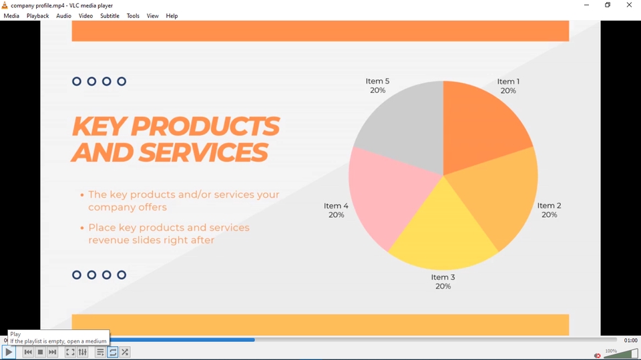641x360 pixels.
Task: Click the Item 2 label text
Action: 549,210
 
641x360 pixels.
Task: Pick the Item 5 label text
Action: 377,85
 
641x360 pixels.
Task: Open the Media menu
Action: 11,16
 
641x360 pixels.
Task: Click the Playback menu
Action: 37,16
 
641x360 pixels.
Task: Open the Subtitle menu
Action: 110,16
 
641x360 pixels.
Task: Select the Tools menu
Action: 133,16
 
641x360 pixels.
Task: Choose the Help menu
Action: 172,16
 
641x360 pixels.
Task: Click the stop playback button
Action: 40,352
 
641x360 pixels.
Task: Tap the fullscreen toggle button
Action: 70,352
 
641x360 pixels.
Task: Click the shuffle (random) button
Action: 125,352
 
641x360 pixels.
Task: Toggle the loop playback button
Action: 113,352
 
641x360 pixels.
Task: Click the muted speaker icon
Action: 597,355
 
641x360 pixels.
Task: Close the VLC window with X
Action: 629,5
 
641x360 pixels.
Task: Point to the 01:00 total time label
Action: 630,341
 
